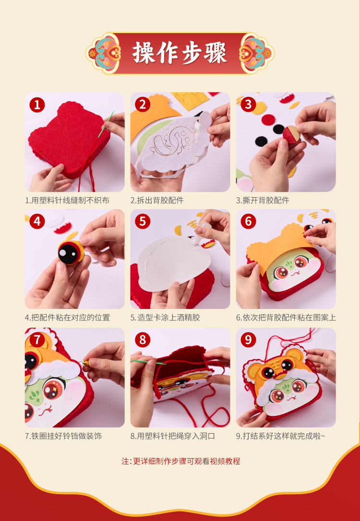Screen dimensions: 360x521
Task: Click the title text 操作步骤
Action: [180, 53]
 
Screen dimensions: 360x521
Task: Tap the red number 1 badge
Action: [37, 105]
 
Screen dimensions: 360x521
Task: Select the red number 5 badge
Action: [142, 221]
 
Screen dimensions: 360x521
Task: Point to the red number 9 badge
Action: [248, 340]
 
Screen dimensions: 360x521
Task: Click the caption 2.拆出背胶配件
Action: [157, 201]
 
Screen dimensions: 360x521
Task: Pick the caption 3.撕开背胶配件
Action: [263, 201]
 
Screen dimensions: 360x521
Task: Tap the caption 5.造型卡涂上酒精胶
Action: [165, 317]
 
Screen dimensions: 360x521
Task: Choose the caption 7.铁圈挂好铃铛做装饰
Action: [63, 436]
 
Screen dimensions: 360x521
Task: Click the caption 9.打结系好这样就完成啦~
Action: [280, 436]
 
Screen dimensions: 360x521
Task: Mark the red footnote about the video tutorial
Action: [180, 461]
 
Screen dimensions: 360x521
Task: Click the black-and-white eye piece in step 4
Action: [70, 252]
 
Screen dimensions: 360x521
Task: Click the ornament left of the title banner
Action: [103, 53]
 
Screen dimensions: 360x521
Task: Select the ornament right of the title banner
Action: [256, 53]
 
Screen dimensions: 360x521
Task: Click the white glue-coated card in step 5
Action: [172, 262]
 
